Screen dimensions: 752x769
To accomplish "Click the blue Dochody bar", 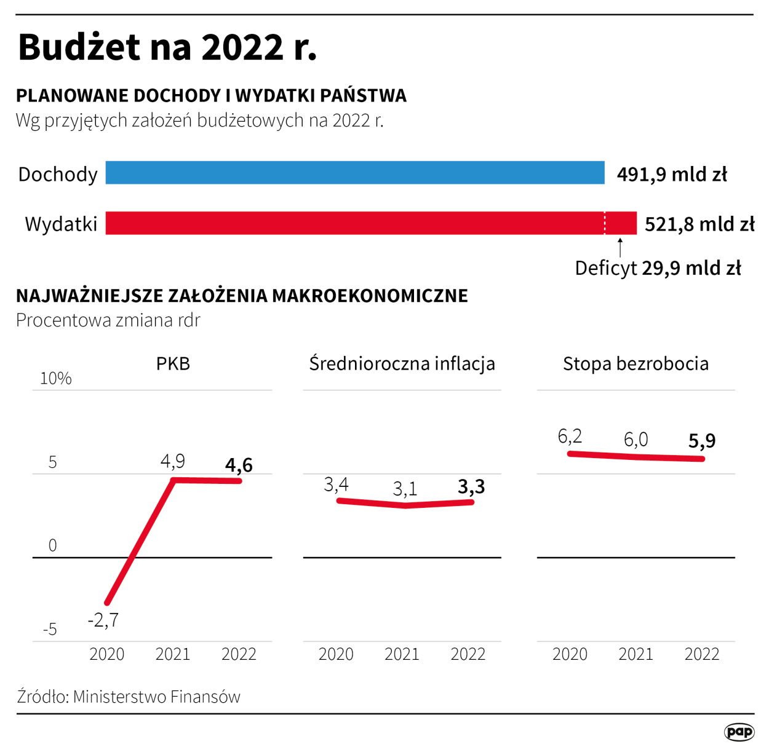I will click(355, 173).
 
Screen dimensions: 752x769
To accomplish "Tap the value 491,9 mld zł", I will click(672, 175).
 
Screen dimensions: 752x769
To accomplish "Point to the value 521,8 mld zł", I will click(699, 224).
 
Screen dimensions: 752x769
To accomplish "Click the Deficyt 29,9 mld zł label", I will click(658, 268).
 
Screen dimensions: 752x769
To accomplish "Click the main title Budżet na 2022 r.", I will click(167, 47).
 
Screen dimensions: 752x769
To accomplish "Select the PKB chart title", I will click(173, 363).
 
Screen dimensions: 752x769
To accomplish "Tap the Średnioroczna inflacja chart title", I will click(402, 363).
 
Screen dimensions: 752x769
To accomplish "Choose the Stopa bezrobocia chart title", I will click(636, 363).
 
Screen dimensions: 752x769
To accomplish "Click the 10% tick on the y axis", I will click(55, 378).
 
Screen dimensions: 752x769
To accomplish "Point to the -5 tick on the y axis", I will click(50, 629).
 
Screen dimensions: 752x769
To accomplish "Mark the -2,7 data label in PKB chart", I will click(103, 620).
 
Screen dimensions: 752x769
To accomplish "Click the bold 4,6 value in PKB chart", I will click(239, 465).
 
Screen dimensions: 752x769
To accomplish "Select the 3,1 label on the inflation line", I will click(405, 489).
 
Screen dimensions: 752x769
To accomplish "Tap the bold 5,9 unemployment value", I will click(702, 441).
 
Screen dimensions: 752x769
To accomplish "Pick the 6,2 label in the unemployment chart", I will click(570, 437).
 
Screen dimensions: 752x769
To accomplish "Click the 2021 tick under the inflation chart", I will click(402, 654).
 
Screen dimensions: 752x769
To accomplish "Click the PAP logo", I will click(739, 732).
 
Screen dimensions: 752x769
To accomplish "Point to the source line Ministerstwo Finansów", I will click(129, 697).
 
